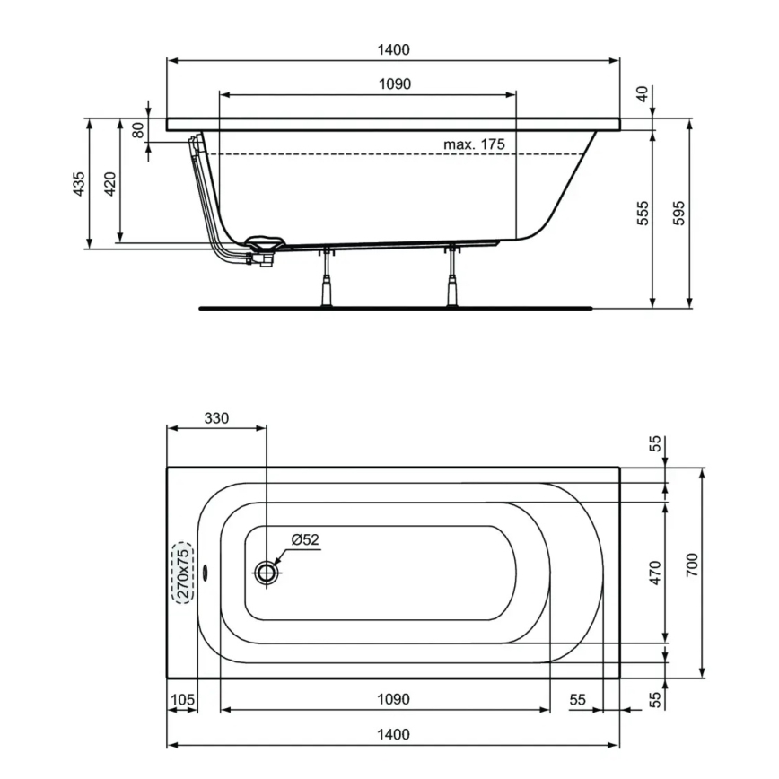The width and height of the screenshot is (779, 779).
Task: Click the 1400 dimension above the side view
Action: pyautogui.click(x=393, y=50)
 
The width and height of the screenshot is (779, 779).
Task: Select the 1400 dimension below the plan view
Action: pyautogui.click(x=393, y=734)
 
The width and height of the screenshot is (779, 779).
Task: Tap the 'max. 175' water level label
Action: pyautogui.click(x=474, y=144)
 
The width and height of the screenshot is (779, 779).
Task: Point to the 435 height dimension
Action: pyautogui.click(x=79, y=184)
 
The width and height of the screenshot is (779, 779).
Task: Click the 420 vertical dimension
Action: pyautogui.click(x=110, y=184)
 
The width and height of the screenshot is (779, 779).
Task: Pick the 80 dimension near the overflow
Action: pyautogui.click(x=137, y=129)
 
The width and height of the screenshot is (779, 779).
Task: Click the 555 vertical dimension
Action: pyautogui.click(x=643, y=213)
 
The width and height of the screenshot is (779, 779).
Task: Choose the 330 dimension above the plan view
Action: pyautogui.click(x=217, y=418)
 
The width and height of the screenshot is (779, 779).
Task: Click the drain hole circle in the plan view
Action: pyautogui.click(x=267, y=572)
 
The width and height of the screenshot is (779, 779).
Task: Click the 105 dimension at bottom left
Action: pyautogui.click(x=182, y=699)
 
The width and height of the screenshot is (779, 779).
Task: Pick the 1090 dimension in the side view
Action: pyautogui.click(x=393, y=83)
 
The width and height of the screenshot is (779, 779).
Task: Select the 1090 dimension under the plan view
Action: pyautogui.click(x=393, y=699)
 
